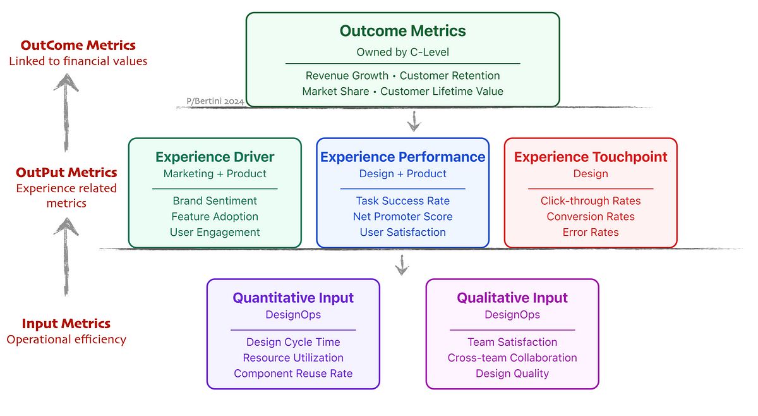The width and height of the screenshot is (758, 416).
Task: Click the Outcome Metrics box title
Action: click(402, 30)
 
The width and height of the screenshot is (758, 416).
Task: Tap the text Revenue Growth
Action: click(347, 75)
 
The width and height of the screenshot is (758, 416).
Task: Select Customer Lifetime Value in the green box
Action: click(442, 91)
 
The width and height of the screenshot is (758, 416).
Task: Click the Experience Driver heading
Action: click(215, 157)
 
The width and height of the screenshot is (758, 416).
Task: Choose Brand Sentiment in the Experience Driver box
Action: click(215, 200)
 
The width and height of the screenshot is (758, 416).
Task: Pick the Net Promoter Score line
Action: click(402, 216)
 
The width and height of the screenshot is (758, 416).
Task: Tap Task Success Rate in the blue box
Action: click(402, 200)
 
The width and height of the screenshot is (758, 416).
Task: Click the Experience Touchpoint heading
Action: click(591, 157)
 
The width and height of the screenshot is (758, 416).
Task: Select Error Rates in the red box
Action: click(591, 232)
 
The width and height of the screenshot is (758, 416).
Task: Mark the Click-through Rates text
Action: click(591, 200)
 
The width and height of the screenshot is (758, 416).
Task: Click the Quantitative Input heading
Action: click(293, 298)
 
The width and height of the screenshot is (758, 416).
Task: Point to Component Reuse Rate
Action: click(293, 373)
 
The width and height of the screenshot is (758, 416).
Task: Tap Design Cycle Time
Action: click(293, 342)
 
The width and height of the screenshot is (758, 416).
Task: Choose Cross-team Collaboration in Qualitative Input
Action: click(512, 357)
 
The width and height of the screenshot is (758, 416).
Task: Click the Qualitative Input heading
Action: click(512, 298)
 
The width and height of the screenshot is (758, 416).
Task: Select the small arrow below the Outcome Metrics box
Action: click(414, 121)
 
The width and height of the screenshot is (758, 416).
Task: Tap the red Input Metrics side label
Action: click(66, 324)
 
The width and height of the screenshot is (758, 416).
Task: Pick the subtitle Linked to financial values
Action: click(78, 61)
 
